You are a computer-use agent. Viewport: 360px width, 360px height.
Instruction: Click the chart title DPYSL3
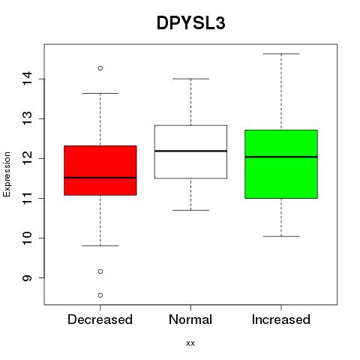[x=191, y=23]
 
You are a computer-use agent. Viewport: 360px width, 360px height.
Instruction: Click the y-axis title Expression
[x=7, y=174]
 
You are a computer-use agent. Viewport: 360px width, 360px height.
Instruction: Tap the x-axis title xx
[x=190, y=343]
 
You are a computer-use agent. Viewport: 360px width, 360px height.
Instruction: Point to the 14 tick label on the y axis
[x=27, y=79]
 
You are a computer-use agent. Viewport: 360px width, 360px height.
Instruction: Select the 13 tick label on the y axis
[x=27, y=118]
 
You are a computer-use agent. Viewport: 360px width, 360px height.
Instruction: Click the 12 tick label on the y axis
[x=27, y=158]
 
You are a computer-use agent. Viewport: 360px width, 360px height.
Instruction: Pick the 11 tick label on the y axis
[x=27, y=198]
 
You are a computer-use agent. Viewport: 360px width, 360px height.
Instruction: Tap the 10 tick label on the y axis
[x=27, y=238]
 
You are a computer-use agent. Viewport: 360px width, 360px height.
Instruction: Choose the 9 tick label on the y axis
[x=27, y=277]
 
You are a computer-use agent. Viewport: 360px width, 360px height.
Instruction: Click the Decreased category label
[x=100, y=319]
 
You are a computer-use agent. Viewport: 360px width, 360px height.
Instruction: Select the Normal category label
[x=190, y=319]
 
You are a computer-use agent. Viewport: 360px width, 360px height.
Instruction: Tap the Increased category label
[x=281, y=319]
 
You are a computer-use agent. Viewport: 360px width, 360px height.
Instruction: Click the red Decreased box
[x=100, y=170]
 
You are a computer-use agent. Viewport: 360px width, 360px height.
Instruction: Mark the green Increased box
[x=281, y=164]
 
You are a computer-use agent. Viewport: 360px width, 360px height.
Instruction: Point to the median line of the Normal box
[x=190, y=151]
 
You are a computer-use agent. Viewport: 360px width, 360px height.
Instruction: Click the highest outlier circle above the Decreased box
[x=100, y=68]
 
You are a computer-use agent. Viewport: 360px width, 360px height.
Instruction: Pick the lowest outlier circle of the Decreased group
[x=100, y=295]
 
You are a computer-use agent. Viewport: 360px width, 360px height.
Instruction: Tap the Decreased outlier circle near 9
[x=100, y=271]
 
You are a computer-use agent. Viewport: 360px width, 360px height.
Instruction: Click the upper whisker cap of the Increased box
[x=281, y=54]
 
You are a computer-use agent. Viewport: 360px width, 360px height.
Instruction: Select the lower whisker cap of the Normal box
[x=190, y=210]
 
